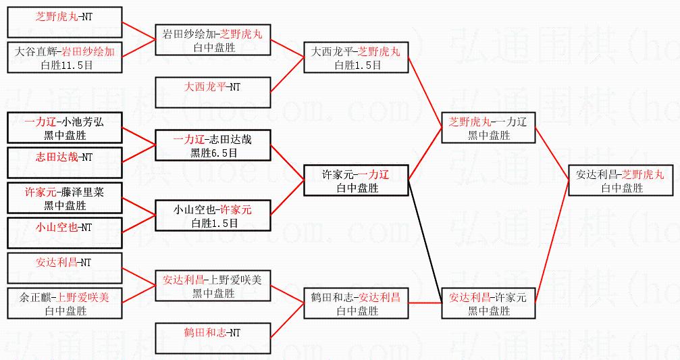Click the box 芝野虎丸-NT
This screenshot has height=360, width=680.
coord(65,22)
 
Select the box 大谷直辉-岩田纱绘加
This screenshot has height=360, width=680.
coord(65,57)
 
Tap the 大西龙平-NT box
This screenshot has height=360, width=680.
coord(213,93)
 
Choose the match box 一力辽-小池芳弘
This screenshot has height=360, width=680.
coord(65,128)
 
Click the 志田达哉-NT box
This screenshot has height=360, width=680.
coord(65,163)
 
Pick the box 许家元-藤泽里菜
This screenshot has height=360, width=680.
coord(65,198)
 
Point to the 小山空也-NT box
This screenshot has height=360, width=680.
coord(65,233)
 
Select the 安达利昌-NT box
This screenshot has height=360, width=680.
coord(65,268)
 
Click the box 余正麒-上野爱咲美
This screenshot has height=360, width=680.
coord(65,303)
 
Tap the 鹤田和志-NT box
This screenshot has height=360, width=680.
coord(213,338)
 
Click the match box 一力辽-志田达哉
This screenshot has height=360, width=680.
coord(213,145)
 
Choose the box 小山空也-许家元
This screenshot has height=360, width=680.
coord(213,215)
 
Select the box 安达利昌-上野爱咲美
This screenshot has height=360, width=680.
coord(213,286)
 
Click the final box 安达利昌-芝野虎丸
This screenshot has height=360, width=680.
coord(620,180)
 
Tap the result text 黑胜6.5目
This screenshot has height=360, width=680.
coord(213,153)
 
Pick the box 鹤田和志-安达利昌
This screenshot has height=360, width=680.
coord(357,303)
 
